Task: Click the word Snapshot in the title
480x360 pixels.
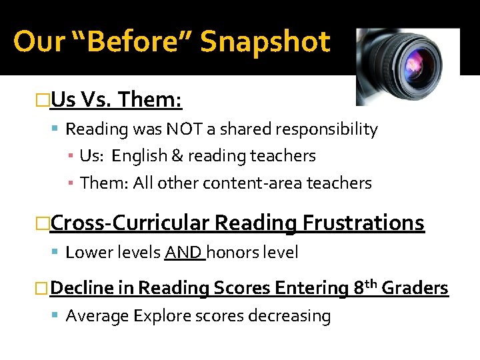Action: [265, 42]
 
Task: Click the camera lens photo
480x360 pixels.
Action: [407, 66]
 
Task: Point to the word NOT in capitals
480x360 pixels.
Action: [184, 129]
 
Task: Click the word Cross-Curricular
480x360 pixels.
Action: [130, 223]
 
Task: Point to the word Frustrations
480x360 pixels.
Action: [363, 223]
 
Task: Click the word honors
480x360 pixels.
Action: [232, 253]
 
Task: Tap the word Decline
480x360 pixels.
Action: [81, 288]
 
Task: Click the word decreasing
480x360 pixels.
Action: [289, 315]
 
